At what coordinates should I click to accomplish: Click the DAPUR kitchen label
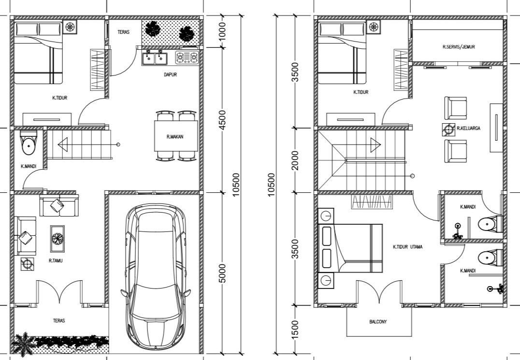click(169, 75)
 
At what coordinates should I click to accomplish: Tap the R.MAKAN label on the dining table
click(175, 137)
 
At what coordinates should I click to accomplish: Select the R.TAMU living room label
click(56, 260)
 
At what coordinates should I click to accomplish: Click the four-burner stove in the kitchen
click(187, 58)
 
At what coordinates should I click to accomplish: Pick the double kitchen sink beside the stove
click(155, 58)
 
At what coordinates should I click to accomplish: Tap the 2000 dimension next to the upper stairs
click(296, 160)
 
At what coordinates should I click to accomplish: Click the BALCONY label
click(377, 321)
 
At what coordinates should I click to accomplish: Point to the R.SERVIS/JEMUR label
click(459, 47)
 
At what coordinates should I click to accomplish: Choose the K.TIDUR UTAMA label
click(407, 247)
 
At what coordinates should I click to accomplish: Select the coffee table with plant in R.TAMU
click(58, 238)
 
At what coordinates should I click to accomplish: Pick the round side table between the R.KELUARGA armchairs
click(448, 129)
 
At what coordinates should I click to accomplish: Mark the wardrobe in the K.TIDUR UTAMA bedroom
click(371, 202)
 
